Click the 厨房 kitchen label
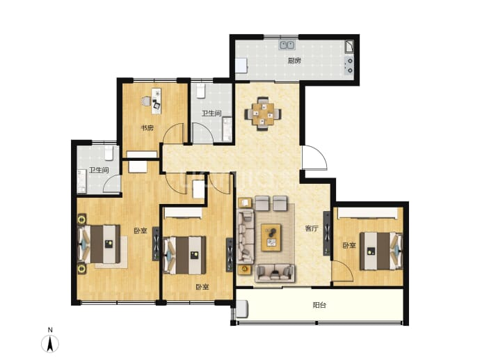point(294,61)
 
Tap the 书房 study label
point(147,127)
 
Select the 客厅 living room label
point(312,228)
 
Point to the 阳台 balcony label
point(319,305)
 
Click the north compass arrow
point(50,343)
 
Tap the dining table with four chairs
point(263,114)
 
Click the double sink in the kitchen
point(287,45)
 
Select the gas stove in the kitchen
point(349,66)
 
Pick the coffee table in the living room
point(271,237)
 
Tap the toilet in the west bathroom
point(109,153)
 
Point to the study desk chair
point(146,101)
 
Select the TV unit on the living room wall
point(327,233)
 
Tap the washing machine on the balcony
point(242,308)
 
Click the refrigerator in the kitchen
point(241,66)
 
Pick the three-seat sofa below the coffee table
point(275,273)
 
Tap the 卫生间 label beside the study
point(211,114)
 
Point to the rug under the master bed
point(111,252)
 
